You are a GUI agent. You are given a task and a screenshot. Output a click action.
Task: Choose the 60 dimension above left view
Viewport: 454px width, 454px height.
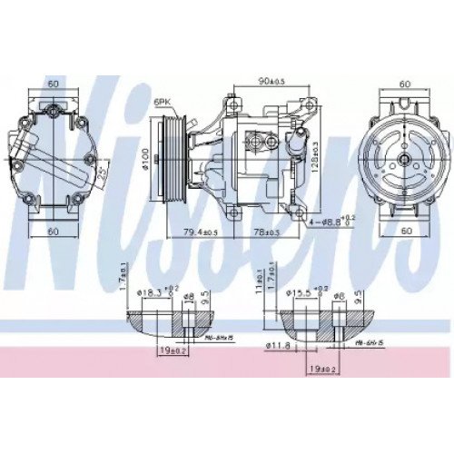point(54,84)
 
